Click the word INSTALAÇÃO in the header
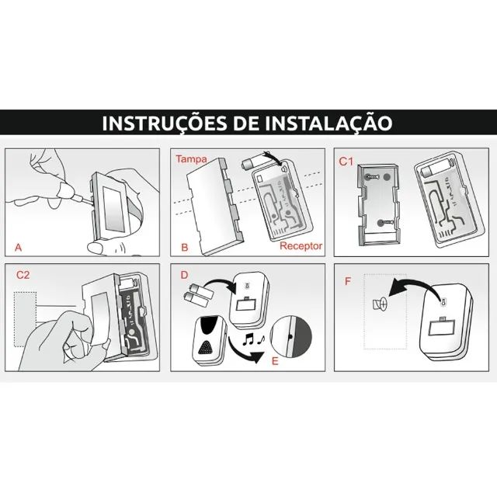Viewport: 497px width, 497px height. click(325, 123)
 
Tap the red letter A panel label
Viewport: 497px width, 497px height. click(18, 248)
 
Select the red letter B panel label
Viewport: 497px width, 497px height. click(185, 248)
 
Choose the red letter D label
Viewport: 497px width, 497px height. click(183, 274)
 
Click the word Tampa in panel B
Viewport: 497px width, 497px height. click(190, 158)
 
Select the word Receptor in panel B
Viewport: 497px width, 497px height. click(301, 247)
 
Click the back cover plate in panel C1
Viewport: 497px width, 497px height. click(376, 204)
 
